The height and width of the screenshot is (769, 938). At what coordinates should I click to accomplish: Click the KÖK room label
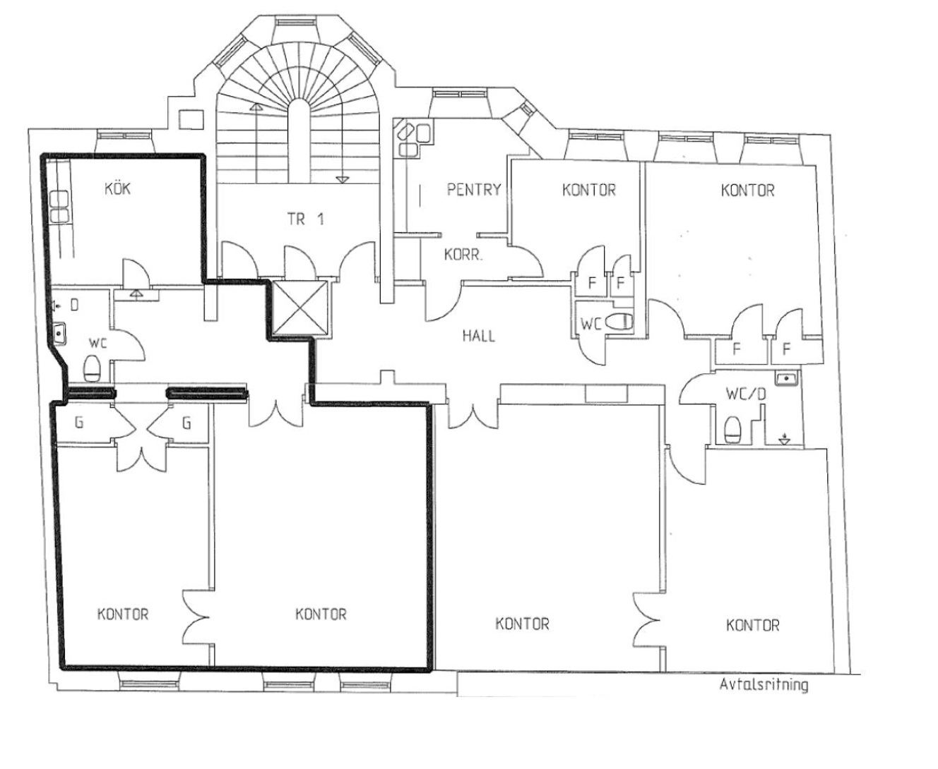coord(118,188)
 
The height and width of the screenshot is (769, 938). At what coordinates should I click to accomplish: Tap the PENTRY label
coord(474,190)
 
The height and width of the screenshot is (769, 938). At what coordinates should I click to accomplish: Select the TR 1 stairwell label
coord(306,219)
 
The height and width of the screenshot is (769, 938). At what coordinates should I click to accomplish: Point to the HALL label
coord(479,336)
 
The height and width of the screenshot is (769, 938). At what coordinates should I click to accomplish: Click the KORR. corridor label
coord(463,255)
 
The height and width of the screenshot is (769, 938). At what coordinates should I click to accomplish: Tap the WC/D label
coord(746,394)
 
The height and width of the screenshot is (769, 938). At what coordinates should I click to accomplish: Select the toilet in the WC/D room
coord(732,430)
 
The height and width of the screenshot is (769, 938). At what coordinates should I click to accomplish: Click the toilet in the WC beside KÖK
coord(92,368)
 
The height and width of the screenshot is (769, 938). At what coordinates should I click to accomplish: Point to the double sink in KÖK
coord(59,207)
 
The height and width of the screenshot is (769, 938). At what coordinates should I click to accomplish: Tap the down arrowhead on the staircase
coord(341,179)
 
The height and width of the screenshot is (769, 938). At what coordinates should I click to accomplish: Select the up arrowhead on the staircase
coord(256,107)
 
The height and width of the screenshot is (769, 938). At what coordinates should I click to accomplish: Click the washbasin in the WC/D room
coord(786,378)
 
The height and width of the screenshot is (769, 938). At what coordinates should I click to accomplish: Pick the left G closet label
coord(78,422)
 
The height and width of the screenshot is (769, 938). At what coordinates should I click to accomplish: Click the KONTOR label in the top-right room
coord(747,190)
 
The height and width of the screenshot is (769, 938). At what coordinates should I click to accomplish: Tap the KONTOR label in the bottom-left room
coord(123,614)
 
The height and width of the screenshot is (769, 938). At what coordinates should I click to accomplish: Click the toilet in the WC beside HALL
coord(619,321)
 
